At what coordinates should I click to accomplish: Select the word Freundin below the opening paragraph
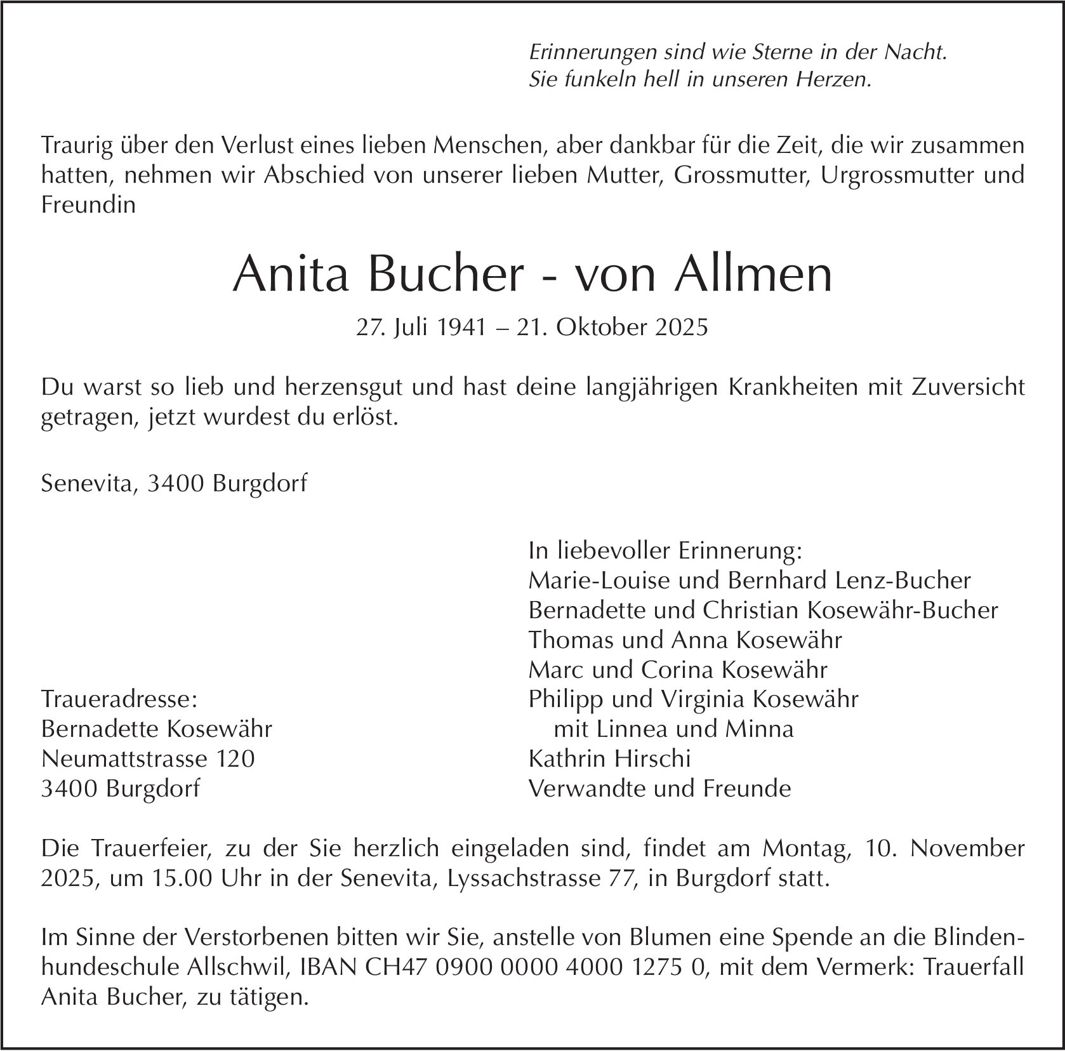tap(88, 205)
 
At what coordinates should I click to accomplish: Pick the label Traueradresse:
tap(119, 699)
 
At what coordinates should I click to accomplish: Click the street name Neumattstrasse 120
tap(148, 758)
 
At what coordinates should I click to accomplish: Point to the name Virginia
tap(703, 699)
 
